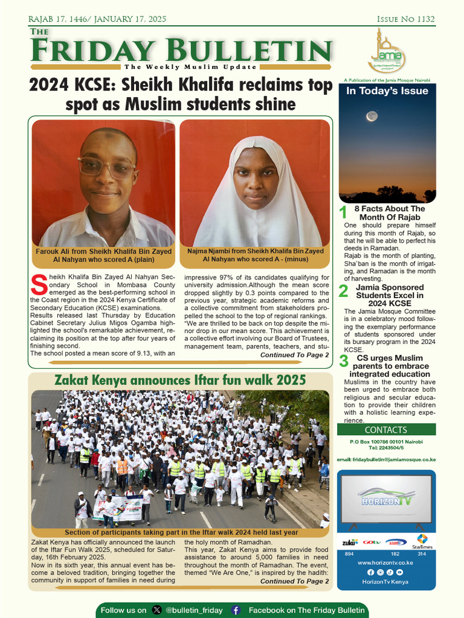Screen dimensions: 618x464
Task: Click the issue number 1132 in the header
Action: click(x=422, y=19)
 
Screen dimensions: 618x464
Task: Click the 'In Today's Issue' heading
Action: click(x=387, y=91)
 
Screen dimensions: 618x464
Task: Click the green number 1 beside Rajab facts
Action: click(x=343, y=212)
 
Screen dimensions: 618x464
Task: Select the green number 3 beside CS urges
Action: click(x=343, y=362)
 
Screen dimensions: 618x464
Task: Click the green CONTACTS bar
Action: click(x=386, y=430)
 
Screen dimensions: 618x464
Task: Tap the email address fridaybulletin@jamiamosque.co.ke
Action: click(x=386, y=460)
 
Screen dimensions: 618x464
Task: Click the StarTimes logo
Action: click(x=422, y=541)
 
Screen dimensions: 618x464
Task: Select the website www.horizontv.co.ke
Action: click(x=385, y=562)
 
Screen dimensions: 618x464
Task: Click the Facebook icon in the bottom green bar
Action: click(x=236, y=610)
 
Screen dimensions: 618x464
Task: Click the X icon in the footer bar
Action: click(x=157, y=610)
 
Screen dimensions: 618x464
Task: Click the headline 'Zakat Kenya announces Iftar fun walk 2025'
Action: click(x=180, y=380)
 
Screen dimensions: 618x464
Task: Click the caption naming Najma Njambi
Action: click(x=254, y=255)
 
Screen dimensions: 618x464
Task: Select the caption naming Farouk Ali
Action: click(x=103, y=255)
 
